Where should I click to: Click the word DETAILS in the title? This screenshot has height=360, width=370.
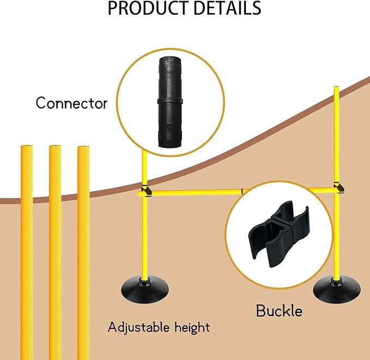tap(226, 9)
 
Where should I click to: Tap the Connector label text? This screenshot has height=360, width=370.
tap(71, 103)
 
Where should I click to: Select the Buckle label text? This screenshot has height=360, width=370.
tap(279, 311)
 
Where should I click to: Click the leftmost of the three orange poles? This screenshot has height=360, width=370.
tap(26, 251)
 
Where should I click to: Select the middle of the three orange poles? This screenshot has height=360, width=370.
tap(55, 251)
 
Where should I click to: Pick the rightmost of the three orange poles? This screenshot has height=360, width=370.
tap(83, 251)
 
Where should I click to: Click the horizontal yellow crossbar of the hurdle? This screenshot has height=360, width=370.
tap(196, 191)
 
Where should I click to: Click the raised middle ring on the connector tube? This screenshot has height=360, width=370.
tap(169, 101)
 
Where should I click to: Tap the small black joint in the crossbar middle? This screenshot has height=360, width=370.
tap(241, 191)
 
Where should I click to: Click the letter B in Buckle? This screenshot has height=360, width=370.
tap(261, 311)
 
